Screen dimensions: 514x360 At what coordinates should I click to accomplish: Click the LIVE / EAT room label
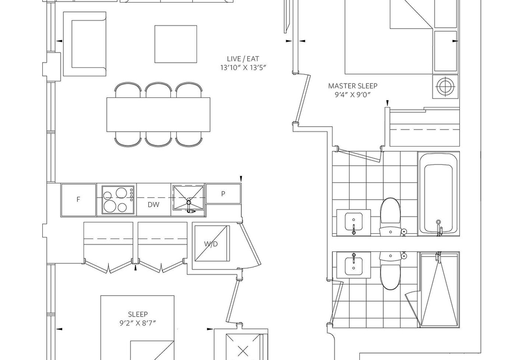[243, 59]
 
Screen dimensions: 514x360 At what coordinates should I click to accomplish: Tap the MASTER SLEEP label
[353, 86]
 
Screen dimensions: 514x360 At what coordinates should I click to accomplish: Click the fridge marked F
[78, 200]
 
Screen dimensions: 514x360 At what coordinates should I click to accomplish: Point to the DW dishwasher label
[154, 205]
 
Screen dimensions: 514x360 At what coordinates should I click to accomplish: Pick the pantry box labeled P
[223, 194]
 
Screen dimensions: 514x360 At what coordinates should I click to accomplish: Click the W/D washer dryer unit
[211, 243]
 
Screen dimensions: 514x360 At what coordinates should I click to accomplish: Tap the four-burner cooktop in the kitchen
[118, 200]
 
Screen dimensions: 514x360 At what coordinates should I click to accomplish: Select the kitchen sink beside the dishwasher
[188, 198]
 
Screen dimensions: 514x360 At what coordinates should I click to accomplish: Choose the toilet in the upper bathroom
[390, 216]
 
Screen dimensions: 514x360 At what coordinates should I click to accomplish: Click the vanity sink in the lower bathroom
[354, 265]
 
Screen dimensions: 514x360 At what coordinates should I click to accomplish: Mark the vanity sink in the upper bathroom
[354, 223]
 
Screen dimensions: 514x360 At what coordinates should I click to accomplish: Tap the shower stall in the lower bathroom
[440, 289]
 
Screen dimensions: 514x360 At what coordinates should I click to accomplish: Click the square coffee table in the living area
[176, 44]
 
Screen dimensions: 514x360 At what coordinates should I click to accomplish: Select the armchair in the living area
[85, 44]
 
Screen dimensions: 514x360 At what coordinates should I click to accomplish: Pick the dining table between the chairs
[158, 114]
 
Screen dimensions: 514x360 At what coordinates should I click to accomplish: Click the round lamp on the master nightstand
[445, 87]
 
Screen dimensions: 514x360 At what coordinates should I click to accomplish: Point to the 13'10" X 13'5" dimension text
[243, 68]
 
